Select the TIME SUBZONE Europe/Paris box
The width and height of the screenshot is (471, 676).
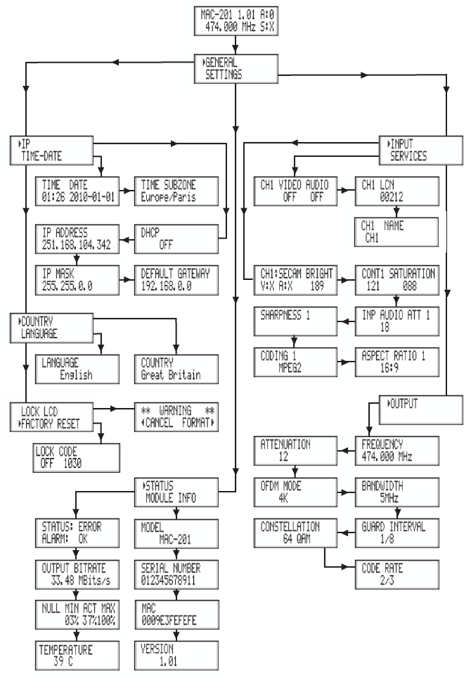click(167, 189)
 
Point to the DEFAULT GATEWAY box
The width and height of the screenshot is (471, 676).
click(167, 276)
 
